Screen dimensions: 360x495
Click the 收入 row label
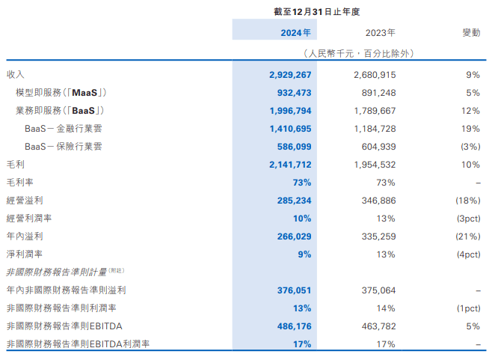coord(16,75)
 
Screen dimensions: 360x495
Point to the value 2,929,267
coord(289,75)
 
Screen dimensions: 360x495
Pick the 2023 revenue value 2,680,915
coord(374,75)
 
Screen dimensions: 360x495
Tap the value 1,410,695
coord(289,129)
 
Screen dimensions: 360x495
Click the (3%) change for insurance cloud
coord(468,147)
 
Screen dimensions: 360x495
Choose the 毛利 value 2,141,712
coord(289,165)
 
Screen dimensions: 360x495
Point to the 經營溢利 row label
coord(25,201)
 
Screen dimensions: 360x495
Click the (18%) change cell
coord(466,201)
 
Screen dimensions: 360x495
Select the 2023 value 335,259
coord(378,237)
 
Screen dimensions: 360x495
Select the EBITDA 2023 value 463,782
coord(378,326)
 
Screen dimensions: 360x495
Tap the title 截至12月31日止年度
coord(318,11)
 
